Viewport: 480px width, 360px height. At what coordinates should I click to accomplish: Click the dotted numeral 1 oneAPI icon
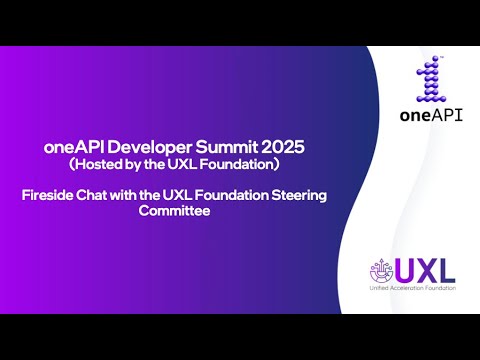429,79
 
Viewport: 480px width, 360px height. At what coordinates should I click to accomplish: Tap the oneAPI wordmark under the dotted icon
429,115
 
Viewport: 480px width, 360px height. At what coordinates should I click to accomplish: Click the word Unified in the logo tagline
382,288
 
